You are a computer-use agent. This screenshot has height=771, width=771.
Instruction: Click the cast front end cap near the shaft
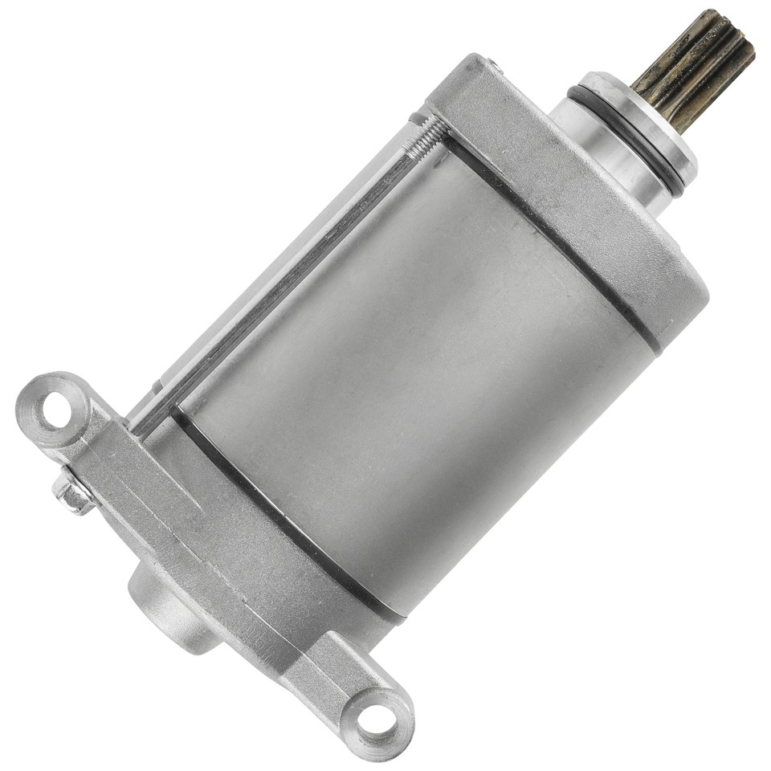tap(562, 209)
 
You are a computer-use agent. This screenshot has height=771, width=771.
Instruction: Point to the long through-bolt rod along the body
tap(289, 265)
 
